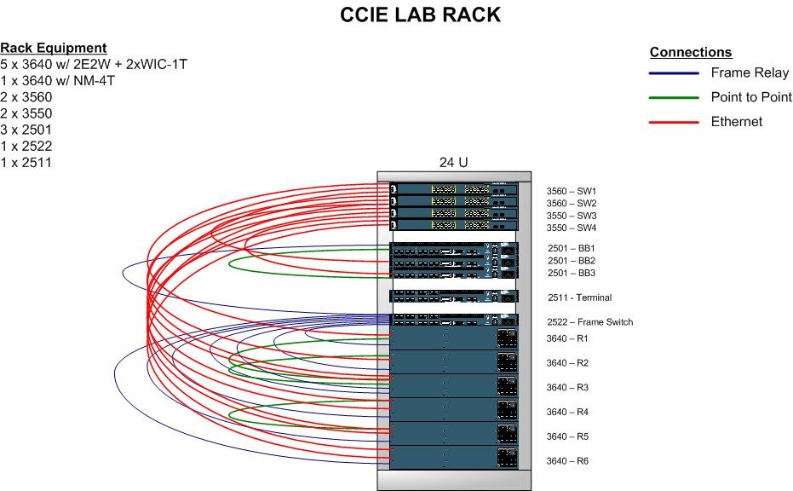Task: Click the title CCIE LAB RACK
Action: point(420,14)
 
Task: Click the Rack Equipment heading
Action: point(53,48)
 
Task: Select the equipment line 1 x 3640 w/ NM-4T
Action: point(57,80)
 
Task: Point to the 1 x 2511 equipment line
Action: point(26,163)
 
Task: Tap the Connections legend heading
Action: point(691,52)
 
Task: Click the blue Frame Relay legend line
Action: point(674,73)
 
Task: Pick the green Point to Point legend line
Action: point(674,98)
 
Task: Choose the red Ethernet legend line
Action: point(674,122)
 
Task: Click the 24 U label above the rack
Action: point(454,162)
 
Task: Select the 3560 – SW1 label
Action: point(571,191)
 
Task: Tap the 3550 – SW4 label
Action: point(571,228)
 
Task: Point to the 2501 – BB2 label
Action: point(572,261)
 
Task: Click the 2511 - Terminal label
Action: point(579,297)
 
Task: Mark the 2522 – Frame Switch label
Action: point(589,322)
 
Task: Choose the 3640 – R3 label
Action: point(567,387)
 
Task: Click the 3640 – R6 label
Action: point(567,460)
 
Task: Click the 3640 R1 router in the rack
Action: point(454,338)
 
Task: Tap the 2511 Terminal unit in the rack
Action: point(454,297)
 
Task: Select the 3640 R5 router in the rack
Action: point(454,434)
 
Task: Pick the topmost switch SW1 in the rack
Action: point(454,189)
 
